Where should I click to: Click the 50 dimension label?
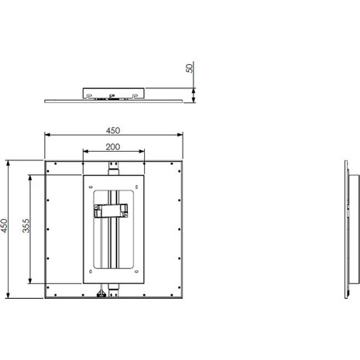190,68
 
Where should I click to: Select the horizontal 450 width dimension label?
113,131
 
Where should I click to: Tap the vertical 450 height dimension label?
4,226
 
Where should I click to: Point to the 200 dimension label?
113,147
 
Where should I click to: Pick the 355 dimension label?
26,226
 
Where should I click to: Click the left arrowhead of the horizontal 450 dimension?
47,135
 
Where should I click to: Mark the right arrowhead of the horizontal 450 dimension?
180,135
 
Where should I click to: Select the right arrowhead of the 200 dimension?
142,151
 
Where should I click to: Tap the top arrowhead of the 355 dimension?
30,178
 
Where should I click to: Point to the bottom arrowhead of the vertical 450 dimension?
8,296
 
